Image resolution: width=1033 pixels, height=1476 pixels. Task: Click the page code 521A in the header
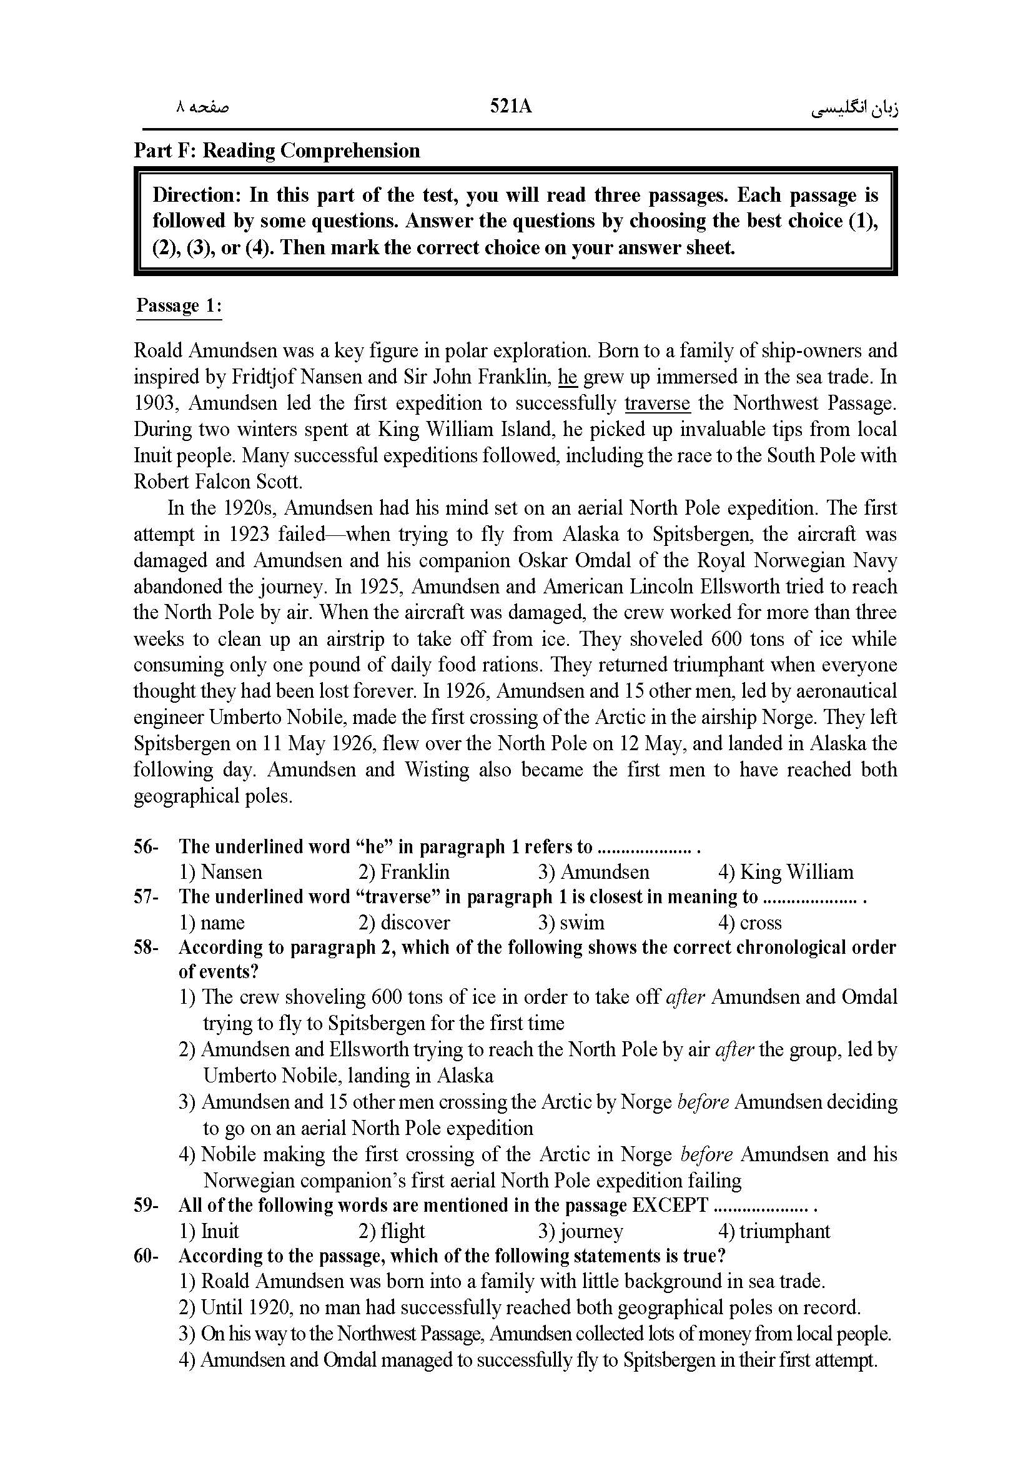pos(511,106)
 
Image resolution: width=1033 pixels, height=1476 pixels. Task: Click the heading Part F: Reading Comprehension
pos(277,151)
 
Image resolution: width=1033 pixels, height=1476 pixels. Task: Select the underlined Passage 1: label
pos(178,305)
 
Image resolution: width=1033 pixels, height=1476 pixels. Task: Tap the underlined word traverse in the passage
pos(657,403)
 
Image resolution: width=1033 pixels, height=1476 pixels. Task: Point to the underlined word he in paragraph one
pos(568,377)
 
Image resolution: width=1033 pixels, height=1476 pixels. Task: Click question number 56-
pos(146,846)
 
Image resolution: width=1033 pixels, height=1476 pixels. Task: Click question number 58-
pos(146,948)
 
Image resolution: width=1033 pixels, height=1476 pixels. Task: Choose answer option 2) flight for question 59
pos(392,1231)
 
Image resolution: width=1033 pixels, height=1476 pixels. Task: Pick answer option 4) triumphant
pos(773,1231)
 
